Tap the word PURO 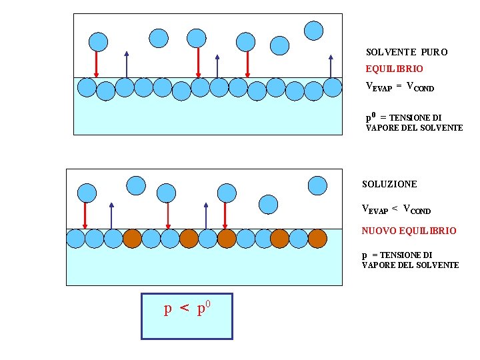[x=435, y=52]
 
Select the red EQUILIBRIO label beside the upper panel [x=394, y=69]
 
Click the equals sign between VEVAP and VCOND [x=399, y=87]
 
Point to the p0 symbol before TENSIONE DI [x=371, y=117]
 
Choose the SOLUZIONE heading [x=389, y=184]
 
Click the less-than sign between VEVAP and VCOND [x=395, y=209]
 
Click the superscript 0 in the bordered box [x=209, y=304]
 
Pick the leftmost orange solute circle [x=132, y=238]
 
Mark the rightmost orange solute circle [x=317, y=238]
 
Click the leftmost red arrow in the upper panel [x=97, y=64]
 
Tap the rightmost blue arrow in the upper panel [x=331, y=67]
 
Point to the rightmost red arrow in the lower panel [x=225, y=215]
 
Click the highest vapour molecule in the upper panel [x=313, y=30]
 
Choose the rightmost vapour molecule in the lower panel [x=317, y=186]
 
